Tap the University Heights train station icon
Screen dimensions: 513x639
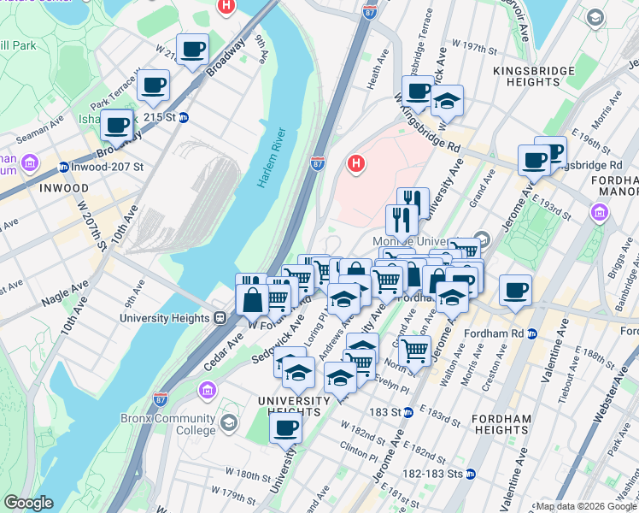point(220,317)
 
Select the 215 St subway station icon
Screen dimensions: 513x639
point(183,118)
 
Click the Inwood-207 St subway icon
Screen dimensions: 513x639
point(63,167)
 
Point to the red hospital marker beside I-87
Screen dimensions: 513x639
point(355,162)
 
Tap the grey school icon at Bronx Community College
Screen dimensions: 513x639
point(228,422)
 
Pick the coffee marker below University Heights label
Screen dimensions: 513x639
point(286,427)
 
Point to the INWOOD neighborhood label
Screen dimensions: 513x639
point(63,187)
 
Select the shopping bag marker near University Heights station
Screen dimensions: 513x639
point(253,301)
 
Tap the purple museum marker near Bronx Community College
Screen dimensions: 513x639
point(206,392)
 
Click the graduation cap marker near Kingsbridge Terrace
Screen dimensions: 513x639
point(446,101)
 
